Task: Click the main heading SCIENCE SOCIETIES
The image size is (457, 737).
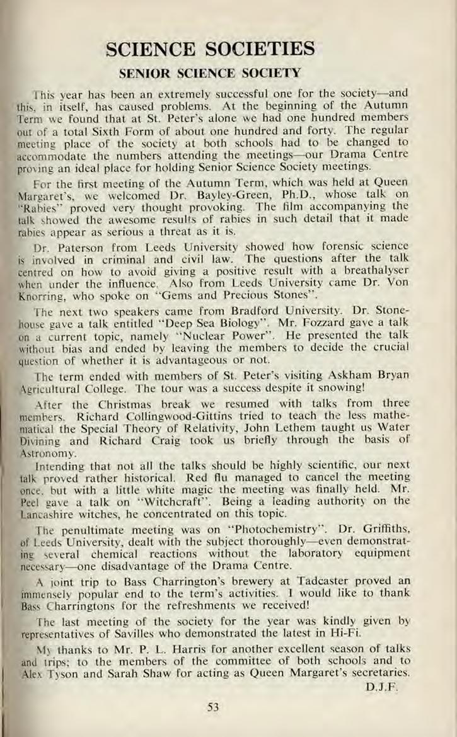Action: click(x=211, y=47)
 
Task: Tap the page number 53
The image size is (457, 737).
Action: click(x=212, y=707)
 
